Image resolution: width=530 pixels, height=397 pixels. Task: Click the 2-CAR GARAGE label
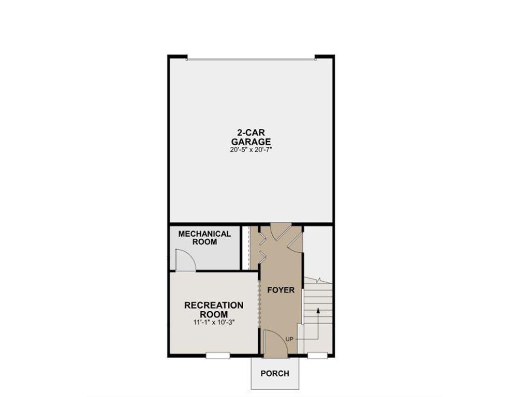[251, 136]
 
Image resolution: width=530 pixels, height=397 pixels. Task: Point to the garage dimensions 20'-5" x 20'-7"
[251, 149]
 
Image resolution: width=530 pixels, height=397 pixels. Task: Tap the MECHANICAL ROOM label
[204, 238]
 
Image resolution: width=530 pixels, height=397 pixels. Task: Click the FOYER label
[281, 290]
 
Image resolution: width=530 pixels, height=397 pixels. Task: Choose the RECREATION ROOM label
[214, 310]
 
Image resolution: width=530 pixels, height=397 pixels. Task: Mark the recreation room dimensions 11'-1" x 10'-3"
[214, 322]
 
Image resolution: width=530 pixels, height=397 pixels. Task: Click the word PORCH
[275, 373]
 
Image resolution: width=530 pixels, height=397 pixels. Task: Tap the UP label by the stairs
[289, 339]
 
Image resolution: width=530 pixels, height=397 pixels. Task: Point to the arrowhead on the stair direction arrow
[318, 311]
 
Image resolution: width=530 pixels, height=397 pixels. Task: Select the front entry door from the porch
[274, 343]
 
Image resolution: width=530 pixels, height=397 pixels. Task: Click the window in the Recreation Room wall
[218, 355]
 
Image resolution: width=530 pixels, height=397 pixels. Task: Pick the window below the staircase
[317, 355]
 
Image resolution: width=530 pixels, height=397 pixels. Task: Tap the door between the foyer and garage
[281, 231]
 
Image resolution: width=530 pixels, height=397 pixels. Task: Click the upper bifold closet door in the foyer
[262, 239]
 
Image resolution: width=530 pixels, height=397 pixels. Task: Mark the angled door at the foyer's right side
[295, 242]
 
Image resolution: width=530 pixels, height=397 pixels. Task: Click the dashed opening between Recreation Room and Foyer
[259, 304]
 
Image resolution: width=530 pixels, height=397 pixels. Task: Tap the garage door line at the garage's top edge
[251, 59]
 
